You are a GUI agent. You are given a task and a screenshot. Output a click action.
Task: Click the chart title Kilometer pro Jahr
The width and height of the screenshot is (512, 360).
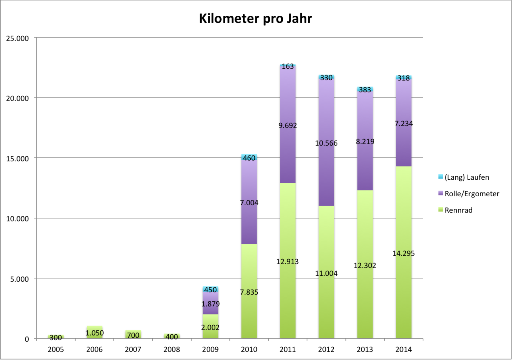click(256, 19)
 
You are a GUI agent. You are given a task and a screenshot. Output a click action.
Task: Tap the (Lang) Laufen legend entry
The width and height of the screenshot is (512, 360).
click(465, 177)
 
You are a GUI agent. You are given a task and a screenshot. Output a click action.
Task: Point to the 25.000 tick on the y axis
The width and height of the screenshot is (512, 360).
click(18, 38)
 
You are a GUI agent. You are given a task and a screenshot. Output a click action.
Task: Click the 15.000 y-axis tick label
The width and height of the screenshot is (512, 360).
click(18, 158)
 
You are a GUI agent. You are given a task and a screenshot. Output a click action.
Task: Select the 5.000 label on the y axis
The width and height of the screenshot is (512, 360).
click(20, 279)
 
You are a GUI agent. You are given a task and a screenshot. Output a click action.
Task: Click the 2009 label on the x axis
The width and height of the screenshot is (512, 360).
click(210, 348)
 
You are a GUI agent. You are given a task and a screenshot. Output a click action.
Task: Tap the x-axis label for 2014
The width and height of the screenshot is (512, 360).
click(403, 348)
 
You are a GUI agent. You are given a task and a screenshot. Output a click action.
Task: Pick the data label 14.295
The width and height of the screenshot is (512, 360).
click(403, 253)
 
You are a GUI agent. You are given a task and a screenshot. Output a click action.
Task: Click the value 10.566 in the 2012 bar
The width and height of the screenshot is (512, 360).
click(326, 143)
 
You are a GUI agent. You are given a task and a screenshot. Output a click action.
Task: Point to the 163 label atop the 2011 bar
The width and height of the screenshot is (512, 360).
click(287, 66)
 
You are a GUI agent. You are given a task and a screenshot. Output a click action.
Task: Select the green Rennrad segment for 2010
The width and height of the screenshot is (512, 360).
click(249, 310)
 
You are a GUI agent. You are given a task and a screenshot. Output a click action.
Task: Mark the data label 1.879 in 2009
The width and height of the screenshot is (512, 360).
click(210, 304)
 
